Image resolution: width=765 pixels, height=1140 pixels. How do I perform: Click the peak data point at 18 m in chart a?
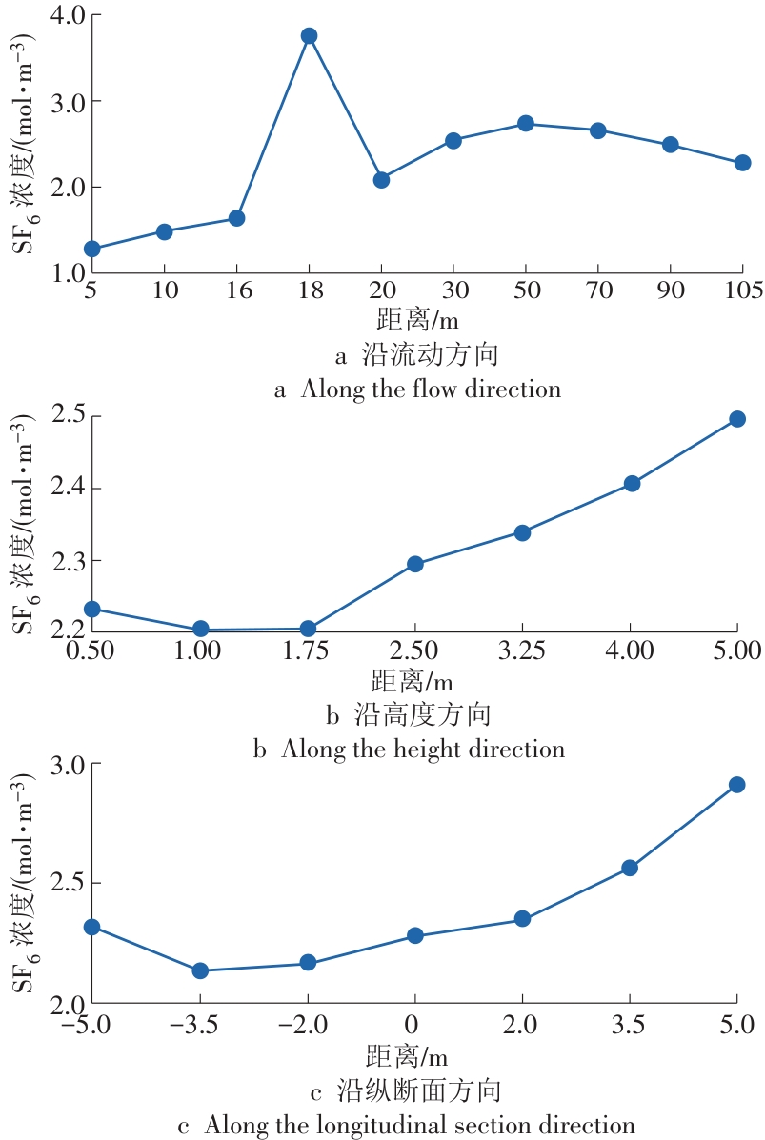tap(309, 35)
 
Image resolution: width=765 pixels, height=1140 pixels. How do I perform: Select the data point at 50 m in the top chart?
tap(525, 123)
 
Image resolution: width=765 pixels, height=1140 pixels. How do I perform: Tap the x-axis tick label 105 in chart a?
tap(743, 290)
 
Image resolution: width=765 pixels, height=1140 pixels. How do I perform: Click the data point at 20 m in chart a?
tap(381, 179)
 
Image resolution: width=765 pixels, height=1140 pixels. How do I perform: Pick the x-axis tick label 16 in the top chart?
tap(239, 290)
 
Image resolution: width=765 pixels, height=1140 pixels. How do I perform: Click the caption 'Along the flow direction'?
tap(417, 389)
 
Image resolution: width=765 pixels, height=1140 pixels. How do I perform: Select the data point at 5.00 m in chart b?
tap(737, 418)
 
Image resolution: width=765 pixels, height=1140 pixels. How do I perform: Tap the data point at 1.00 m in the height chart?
tap(201, 629)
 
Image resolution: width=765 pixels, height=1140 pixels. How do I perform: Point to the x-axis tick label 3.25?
tap(522, 651)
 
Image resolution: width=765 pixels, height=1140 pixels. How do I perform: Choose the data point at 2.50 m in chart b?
tap(415, 564)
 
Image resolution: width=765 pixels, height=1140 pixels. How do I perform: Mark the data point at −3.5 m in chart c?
tap(200, 970)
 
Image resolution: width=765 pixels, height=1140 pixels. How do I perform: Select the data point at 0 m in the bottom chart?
tap(414, 935)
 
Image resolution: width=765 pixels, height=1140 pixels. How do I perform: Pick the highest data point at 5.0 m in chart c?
tap(736, 785)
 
